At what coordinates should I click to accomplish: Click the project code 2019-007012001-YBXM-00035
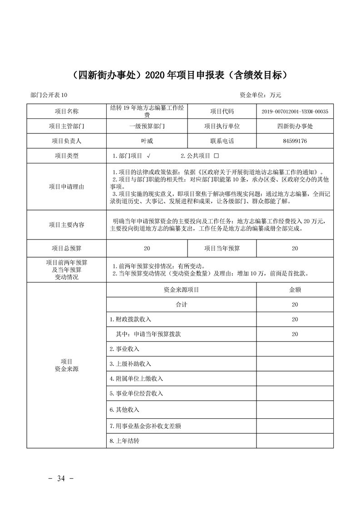click(x=295, y=111)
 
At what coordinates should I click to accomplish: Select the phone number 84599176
click(x=295, y=141)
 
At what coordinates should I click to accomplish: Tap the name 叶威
click(x=147, y=141)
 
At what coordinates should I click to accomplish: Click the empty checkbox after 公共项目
click(x=216, y=156)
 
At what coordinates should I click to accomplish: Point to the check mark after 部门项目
click(x=148, y=156)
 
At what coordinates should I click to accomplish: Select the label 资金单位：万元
click(x=261, y=95)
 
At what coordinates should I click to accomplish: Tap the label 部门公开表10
click(x=49, y=95)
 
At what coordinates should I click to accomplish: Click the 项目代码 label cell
click(x=222, y=111)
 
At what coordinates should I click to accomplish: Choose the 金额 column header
click(x=295, y=289)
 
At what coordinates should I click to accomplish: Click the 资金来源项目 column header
click(x=182, y=289)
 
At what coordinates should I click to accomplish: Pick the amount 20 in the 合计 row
click(x=295, y=304)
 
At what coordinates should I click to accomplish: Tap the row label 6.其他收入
click(x=124, y=410)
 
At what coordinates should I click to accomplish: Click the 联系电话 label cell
click(x=222, y=141)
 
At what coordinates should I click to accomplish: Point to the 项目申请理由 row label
click(x=66, y=186)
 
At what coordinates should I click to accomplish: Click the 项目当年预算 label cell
click(x=222, y=248)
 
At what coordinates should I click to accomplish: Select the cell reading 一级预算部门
click(x=147, y=126)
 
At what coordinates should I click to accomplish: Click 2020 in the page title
click(x=155, y=74)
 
